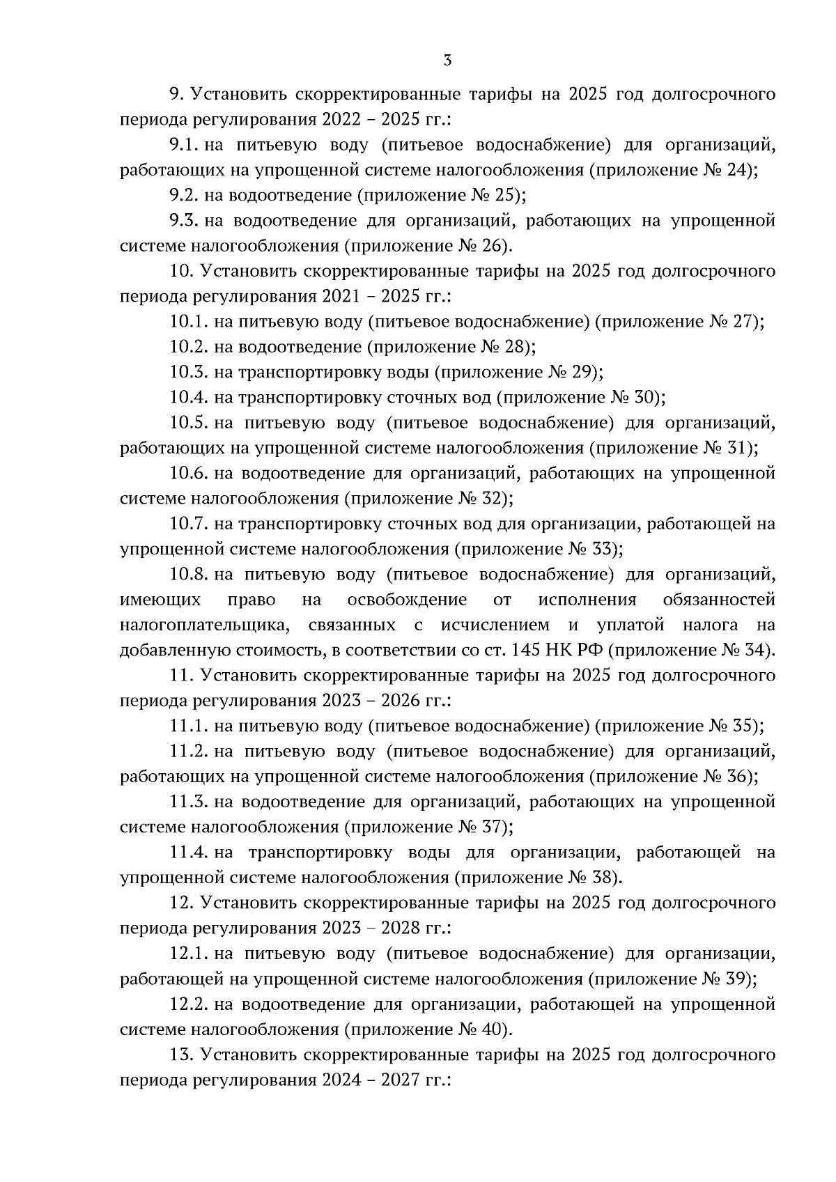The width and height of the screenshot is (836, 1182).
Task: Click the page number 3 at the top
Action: (447, 61)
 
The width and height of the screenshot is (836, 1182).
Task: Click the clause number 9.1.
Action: (185, 145)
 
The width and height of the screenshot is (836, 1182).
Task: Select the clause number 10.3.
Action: (189, 372)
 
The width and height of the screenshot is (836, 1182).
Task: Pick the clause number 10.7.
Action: (189, 523)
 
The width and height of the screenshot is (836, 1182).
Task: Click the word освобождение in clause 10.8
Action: (407, 600)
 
